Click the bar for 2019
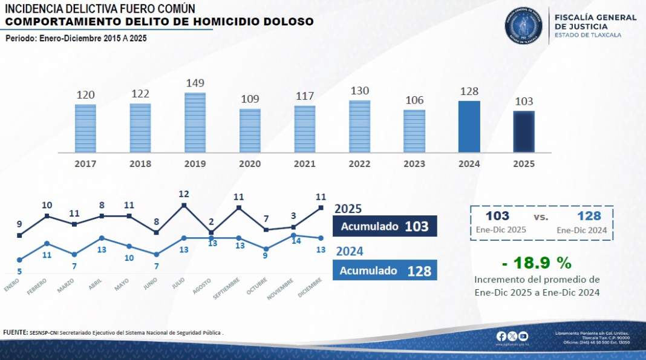pos(195,123)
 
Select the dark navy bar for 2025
pos(524,132)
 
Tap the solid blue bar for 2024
pos(469,126)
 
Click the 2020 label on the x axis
pos(250,164)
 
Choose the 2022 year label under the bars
pos(359,164)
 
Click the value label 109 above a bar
pos(250,99)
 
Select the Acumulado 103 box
pos(384,226)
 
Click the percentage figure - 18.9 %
pos(537,263)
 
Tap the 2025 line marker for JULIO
pos(184,206)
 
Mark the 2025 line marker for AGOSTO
pos(211,232)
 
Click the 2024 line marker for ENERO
pos(19,260)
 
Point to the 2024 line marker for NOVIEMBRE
pos(293,235)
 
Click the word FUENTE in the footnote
pos(15,332)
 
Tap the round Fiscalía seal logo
pos(525,25)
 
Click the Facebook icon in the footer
pos(501,336)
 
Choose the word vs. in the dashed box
pos(541,217)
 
